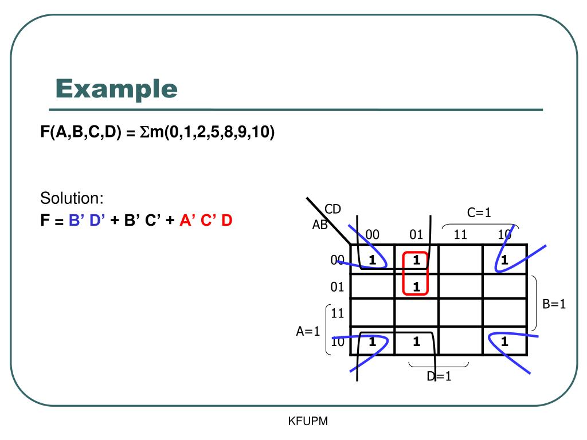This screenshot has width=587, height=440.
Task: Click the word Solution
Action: tap(72, 199)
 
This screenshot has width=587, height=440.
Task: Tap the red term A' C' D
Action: tap(205, 220)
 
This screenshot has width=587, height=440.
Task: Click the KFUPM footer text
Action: tap(307, 422)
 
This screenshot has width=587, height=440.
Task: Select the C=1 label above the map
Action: tap(479, 213)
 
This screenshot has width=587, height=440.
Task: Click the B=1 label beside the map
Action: tap(554, 304)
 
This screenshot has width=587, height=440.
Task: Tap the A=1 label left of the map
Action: tap(308, 331)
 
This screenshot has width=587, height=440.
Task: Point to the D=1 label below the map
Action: tap(439, 376)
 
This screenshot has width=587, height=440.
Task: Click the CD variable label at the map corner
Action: tap(332, 209)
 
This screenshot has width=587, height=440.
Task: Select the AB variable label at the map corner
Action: tap(320, 225)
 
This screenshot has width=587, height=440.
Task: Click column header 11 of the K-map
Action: tap(460, 234)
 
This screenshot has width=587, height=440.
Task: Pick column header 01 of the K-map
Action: tap(416, 234)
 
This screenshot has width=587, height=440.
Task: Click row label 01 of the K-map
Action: tap(337, 286)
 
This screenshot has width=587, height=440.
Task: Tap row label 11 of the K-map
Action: tap(337, 313)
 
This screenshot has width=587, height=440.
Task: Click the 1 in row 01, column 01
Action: tap(416, 286)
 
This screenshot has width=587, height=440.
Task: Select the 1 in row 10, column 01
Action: tap(416, 342)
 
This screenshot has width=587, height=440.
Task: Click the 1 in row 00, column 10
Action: tap(504, 260)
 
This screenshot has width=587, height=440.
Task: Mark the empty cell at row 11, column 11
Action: tap(460, 313)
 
